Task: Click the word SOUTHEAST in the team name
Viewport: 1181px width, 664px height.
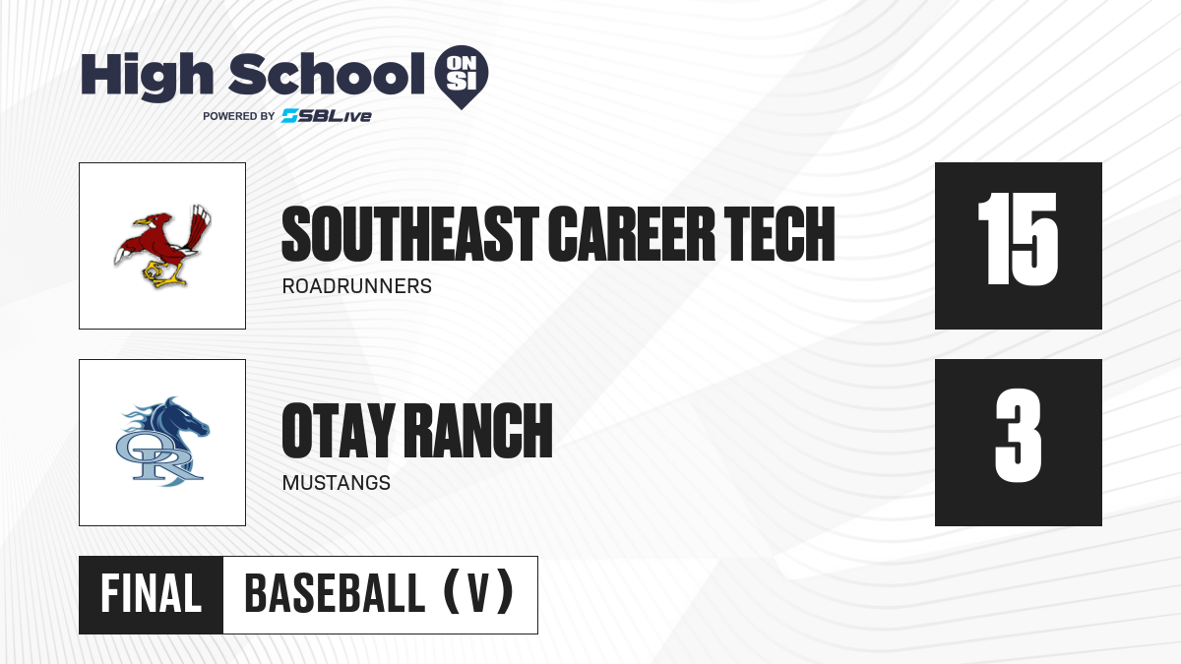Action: point(410,234)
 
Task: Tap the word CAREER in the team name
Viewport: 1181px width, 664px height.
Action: point(631,234)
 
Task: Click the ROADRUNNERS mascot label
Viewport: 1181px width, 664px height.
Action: point(357,286)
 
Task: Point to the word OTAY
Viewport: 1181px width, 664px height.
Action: point(339,431)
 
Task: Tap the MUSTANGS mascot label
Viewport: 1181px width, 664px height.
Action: point(337,483)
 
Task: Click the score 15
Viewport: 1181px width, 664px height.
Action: point(1018,239)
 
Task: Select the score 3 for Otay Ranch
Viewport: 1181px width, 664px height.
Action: point(1018,436)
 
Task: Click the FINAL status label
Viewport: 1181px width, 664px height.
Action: point(152,594)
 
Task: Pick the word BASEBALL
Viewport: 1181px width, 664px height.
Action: point(335,594)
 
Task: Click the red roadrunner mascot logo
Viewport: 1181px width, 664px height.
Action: point(162,246)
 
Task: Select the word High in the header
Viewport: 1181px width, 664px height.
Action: point(148,76)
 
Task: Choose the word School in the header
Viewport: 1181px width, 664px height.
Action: point(327,73)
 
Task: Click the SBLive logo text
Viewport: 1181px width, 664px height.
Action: point(327,116)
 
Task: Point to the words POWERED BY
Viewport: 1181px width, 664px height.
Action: point(239,116)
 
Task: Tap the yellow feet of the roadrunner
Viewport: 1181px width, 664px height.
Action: point(163,274)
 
